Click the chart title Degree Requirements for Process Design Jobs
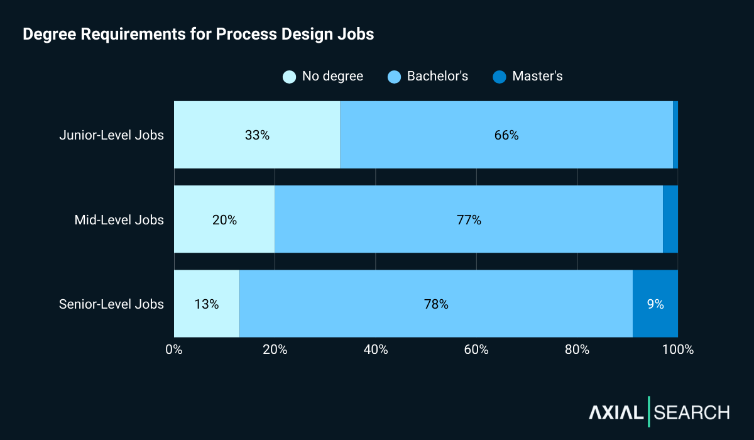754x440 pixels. pos(198,35)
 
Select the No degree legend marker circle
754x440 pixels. pos(290,77)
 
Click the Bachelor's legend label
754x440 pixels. pos(437,77)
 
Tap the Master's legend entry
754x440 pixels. pos(537,77)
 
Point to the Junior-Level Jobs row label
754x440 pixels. pos(111,135)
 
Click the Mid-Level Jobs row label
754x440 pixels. pos(119,220)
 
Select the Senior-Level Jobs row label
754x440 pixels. pos(111,304)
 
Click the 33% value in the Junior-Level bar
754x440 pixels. pos(257,135)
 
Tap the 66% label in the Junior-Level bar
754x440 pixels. pos(506,135)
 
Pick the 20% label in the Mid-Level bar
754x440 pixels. pos(224,220)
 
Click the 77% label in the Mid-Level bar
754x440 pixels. pos(469,220)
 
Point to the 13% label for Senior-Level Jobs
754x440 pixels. pos(206,304)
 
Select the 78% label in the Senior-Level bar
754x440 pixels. pos(436,304)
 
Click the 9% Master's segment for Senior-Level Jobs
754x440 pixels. pos(655,304)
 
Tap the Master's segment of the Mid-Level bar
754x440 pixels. pos(670,220)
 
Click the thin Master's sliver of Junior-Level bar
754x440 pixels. pos(675,135)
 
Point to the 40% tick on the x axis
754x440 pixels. pos(376,349)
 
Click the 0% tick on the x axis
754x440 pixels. pos(174,349)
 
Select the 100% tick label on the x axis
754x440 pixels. pos(678,349)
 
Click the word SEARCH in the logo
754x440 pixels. pos(692,412)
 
